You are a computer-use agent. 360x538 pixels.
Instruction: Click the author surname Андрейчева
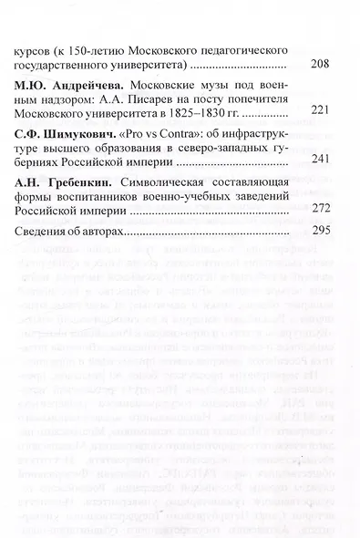[x=91, y=85]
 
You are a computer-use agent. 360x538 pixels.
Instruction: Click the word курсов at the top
[x=36, y=51]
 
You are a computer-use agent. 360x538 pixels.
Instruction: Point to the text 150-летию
[x=99, y=51]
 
